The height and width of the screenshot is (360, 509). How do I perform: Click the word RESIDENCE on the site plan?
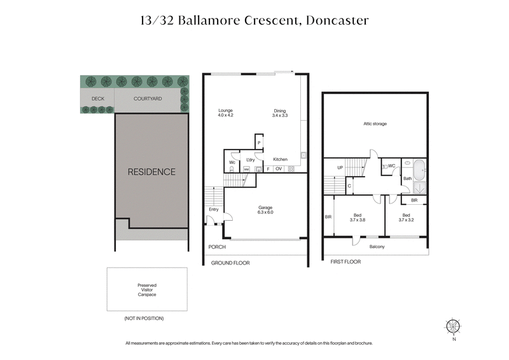[151, 172]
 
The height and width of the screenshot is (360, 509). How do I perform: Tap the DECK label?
[97, 99]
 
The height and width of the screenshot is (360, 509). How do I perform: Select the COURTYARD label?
[148, 99]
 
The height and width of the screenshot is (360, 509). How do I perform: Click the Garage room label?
[265, 209]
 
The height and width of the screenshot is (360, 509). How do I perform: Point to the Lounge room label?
[226, 113]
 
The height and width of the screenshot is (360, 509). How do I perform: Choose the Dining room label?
[280, 113]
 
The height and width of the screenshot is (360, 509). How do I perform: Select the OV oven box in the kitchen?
[279, 169]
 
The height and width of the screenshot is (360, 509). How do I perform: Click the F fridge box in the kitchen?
[268, 169]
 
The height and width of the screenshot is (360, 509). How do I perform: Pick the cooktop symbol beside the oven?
[291, 169]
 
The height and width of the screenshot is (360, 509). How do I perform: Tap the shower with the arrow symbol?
[419, 188]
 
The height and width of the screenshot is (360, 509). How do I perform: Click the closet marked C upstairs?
[350, 186]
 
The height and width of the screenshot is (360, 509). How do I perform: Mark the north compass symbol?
[453, 326]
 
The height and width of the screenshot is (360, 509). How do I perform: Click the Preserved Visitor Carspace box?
[147, 289]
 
